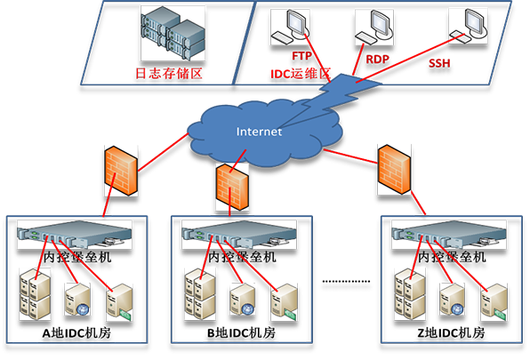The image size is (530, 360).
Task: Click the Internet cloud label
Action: coord(259,132)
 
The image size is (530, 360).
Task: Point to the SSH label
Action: coord(438,62)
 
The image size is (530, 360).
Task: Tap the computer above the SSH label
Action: coord(469,25)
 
